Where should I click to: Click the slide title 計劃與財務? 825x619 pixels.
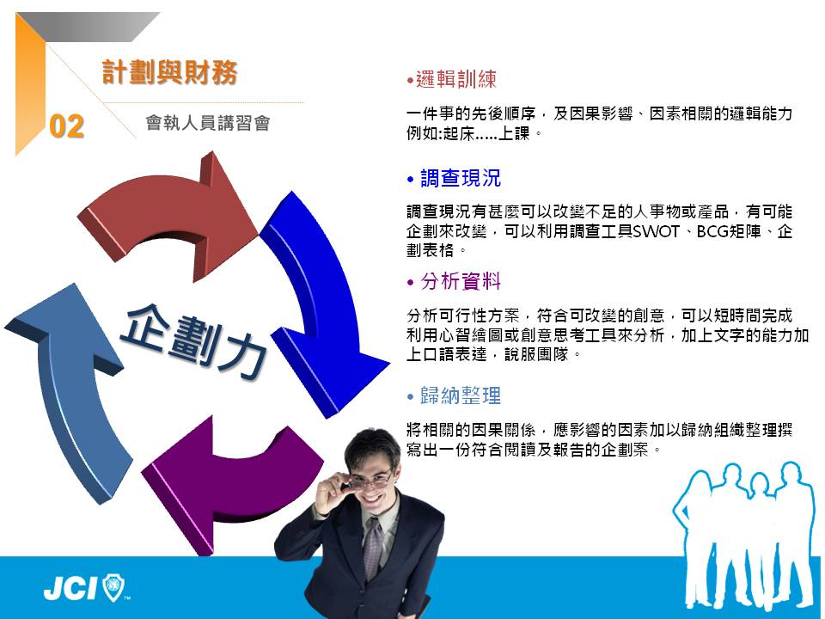point(169,72)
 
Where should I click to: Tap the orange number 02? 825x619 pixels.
point(67,127)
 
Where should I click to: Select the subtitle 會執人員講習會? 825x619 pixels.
point(208,123)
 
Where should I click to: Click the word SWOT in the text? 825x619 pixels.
point(656,231)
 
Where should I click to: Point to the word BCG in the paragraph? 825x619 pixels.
point(712,231)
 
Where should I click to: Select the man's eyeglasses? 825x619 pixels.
point(370,480)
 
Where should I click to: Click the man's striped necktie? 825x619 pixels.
point(373,548)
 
